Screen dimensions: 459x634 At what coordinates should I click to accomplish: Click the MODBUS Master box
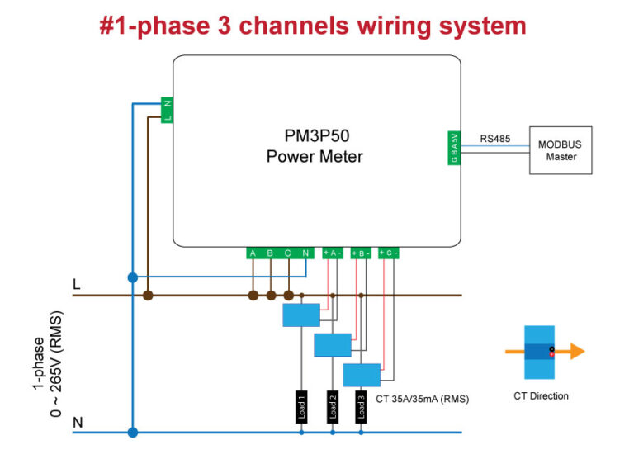(x=560, y=149)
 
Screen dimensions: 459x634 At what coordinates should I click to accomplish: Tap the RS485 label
(x=494, y=140)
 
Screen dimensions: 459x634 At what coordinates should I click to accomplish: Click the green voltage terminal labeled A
(x=253, y=253)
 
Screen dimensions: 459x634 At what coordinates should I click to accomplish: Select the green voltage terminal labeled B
(x=270, y=253)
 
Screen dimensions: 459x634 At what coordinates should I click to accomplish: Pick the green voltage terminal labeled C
(x=287, y=253)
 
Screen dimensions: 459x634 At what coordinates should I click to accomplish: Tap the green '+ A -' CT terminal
(x=333, y=253)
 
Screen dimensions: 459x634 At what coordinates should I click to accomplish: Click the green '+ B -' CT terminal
(x=361, y=253)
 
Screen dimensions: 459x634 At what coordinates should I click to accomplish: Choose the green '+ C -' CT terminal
(x=389, y=253)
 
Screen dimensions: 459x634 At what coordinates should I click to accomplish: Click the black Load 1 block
(x=301, y=406)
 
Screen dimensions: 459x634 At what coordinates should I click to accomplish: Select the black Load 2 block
(x=332, y=406)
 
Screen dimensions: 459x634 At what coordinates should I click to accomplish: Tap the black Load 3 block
(x=361, y=406)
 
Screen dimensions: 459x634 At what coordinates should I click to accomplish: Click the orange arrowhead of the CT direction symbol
(x=576, y=351)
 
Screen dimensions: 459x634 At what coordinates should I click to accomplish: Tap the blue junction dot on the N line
(x=132, y=432)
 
